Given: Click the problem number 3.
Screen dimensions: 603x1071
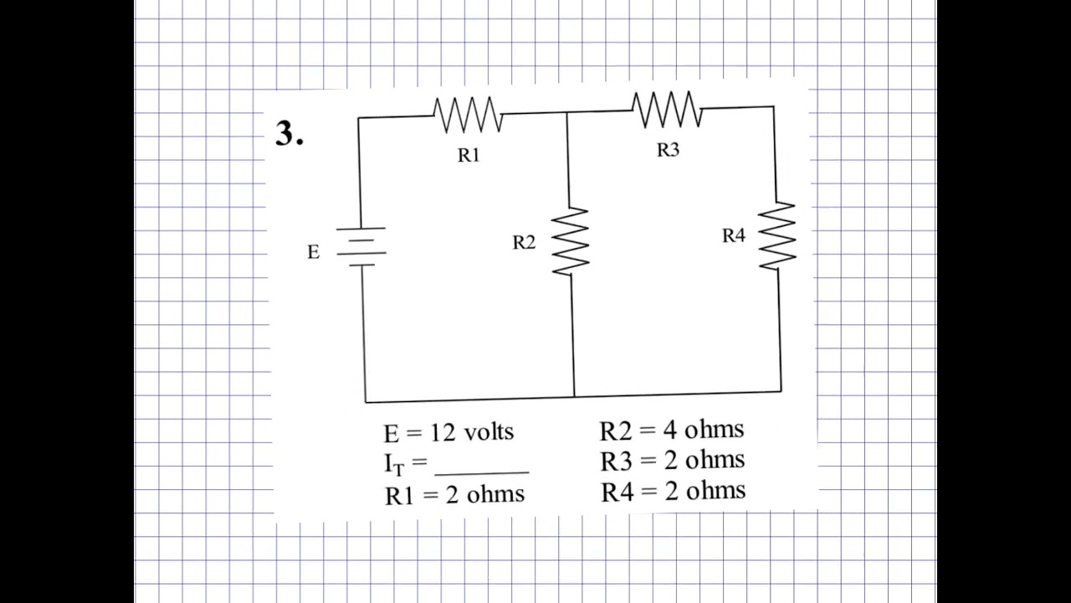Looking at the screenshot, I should (288, 134).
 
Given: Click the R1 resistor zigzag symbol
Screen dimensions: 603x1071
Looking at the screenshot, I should (468, 115).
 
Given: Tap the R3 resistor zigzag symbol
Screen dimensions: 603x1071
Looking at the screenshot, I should (667, 110).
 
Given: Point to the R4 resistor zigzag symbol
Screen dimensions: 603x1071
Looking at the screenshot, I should (777, 235).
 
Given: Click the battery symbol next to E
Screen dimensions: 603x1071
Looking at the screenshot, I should (361, 246).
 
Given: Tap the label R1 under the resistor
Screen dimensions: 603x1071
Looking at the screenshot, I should (469, 155).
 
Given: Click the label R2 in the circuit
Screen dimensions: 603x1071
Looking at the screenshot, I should (524, 243).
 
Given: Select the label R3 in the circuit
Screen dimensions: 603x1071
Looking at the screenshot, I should (668, 150).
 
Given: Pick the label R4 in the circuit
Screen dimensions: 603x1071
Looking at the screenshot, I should (733, 236).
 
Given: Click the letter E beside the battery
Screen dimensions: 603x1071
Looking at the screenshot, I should (313, 252).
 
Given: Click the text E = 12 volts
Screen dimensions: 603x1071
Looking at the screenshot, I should (448, 432).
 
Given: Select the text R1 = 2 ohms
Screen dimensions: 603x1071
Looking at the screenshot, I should (454, 494).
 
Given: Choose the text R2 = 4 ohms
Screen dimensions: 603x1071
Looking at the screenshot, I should (671, 430).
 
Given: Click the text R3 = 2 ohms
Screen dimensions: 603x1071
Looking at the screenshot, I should (672, 461).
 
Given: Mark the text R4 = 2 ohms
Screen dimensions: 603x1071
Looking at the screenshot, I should (673, 491).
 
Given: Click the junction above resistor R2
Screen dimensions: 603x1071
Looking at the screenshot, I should (567, 112).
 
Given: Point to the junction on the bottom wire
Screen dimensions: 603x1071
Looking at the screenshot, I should (574, 396).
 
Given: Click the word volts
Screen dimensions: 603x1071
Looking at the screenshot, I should (489, 432).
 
